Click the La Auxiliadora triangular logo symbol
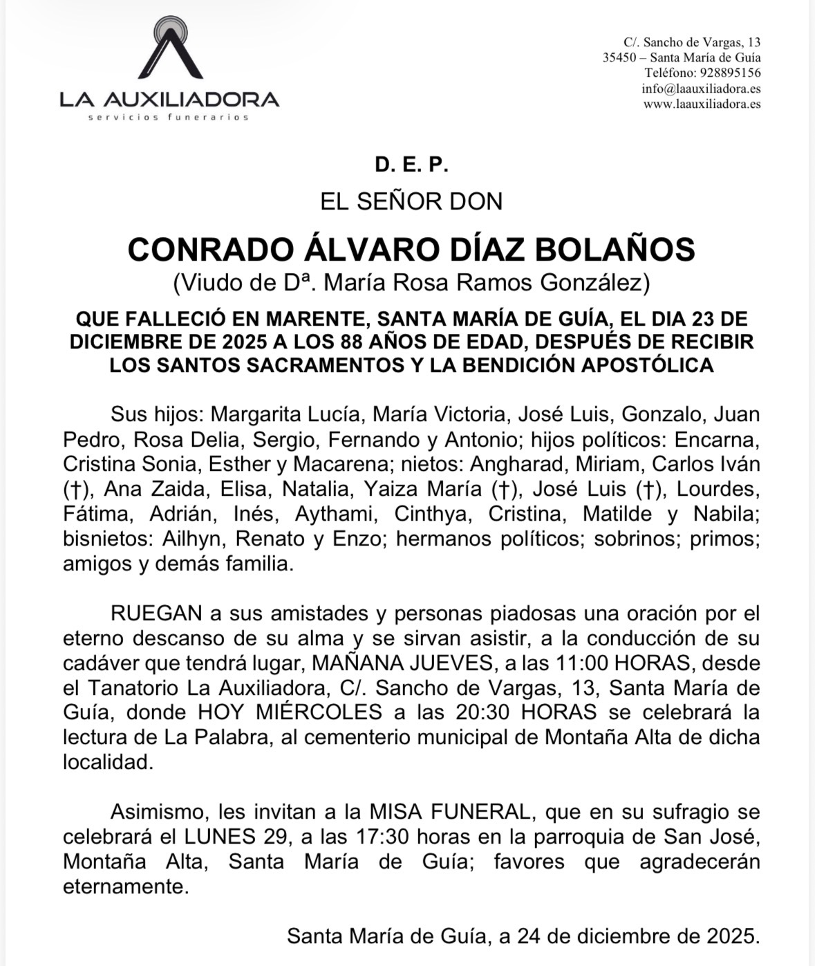pyautogui.click(x=169, y=50)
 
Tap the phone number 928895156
pyautogui.click(x=731, y=73)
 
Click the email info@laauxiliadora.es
pyautogui.click(x=701, y=89)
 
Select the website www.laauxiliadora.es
pyautogui.click(x=702, y=104)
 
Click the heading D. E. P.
pyautogui.click(x=412, y=165)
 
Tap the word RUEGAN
pyautogui.click(x=156, y=613)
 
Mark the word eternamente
pyautogui.click(x=126, y=886)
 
